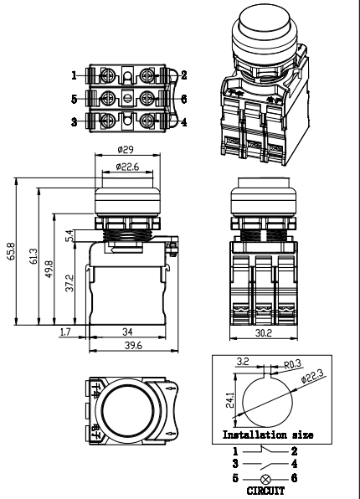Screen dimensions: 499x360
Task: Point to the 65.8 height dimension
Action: (10, 251)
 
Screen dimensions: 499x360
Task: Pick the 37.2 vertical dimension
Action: (68, 286)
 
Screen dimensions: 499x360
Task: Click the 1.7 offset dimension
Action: (65, 333)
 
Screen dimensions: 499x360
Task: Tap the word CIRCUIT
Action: (264, 494)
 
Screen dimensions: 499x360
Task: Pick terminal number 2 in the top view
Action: (183, 75)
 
